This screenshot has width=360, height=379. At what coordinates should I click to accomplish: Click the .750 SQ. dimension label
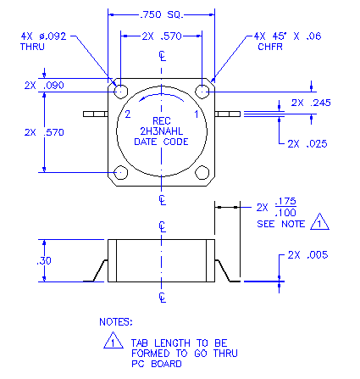pos(162,14)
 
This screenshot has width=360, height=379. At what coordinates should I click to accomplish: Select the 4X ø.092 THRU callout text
pos(43,42)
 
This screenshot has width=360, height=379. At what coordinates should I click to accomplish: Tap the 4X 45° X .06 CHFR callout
pos(287,42)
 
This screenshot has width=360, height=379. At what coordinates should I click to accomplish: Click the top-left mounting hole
pos(120,92)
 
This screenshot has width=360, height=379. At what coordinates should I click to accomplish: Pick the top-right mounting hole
pos(202,92)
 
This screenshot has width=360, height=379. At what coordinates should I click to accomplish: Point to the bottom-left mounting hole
pos(120,172)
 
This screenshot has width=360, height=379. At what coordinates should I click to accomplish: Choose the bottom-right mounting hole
pos(202,172)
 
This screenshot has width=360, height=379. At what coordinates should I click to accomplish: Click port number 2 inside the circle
pos(128,114)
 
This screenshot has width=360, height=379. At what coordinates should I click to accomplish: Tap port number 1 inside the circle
pos(197,114)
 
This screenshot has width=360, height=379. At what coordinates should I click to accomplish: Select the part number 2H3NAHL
pos(162,131)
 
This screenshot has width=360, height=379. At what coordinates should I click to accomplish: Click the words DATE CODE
pos(161,142)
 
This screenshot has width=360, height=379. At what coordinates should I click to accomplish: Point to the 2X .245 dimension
pos(311,103)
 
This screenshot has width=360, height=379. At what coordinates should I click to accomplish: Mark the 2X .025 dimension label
pos(307,144)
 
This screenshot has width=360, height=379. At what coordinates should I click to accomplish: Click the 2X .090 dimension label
pos(44,86)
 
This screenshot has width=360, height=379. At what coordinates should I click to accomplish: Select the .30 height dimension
pos(44,260)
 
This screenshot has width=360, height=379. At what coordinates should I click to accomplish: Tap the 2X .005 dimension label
pos(307,255)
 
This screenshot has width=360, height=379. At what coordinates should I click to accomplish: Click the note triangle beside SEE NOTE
pos(319,222)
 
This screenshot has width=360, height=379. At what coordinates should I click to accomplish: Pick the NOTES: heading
pos(116,322)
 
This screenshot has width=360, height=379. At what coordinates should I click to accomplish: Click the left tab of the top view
pos(96,114)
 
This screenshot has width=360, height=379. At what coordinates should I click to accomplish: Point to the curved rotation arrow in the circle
pos(161,95)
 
